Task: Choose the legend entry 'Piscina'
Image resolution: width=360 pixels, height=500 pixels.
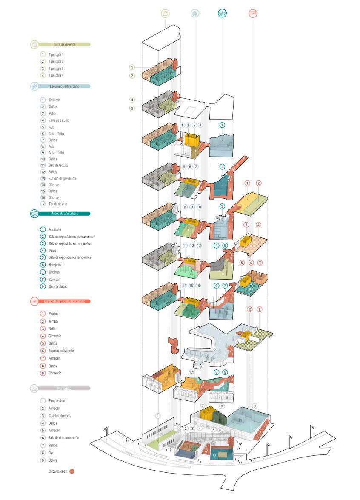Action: pos(54,314)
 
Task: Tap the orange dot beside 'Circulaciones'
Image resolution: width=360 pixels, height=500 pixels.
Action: pos(72,471)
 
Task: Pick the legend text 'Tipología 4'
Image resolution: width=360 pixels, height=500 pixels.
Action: pos(56,75)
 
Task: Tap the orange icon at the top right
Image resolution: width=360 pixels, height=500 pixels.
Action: pos(253,14)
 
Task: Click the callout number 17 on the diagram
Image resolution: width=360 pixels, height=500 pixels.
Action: pos(191,372)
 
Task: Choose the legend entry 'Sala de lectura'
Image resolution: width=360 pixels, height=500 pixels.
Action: pos(58,165)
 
